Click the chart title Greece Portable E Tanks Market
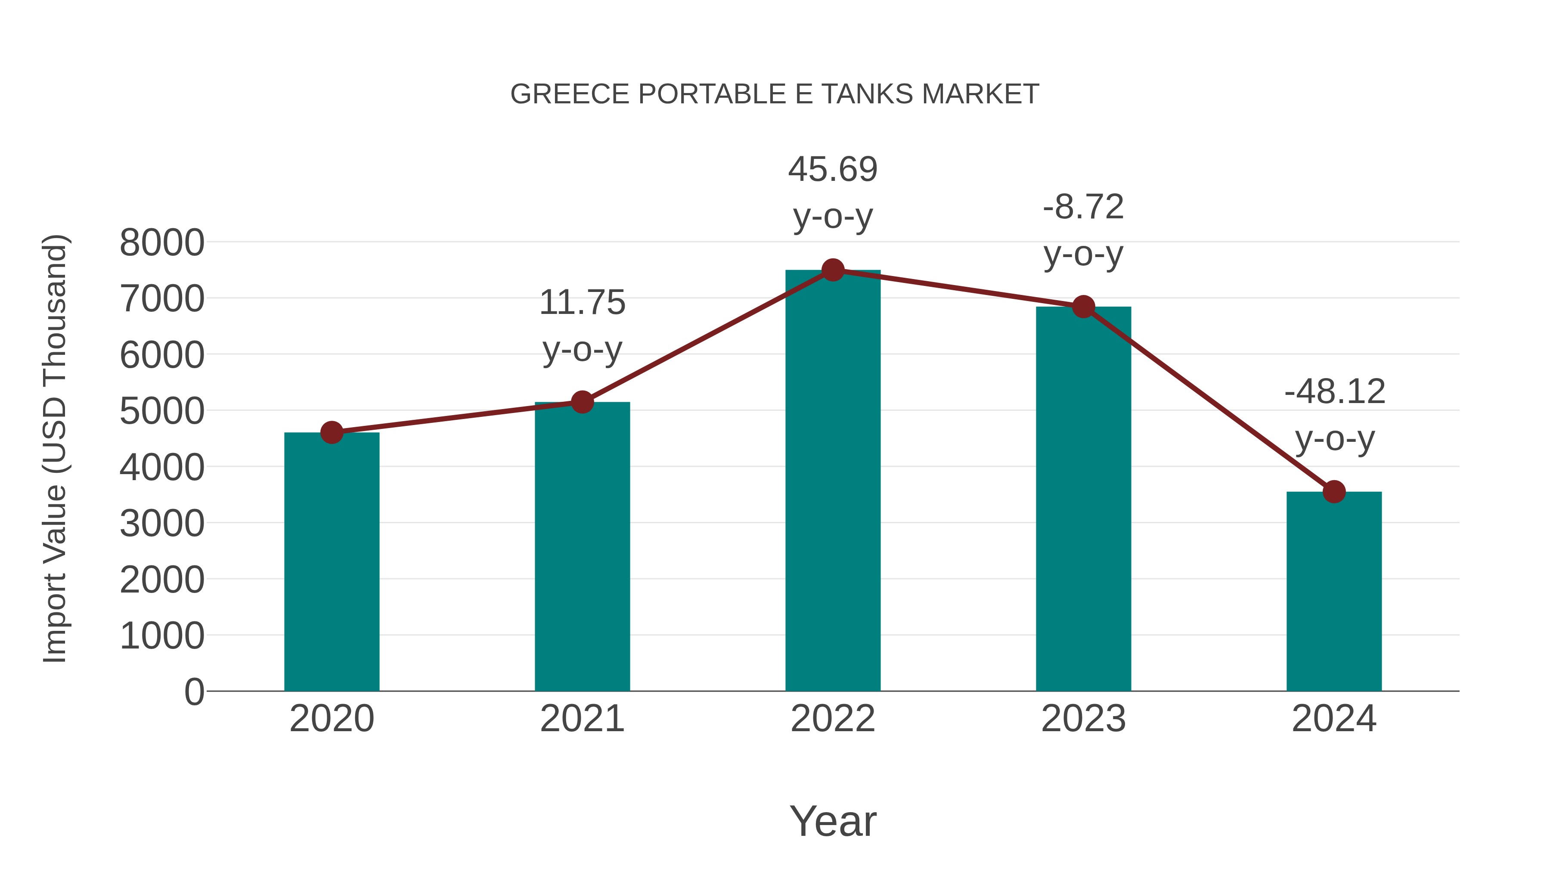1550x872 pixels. [775, 94]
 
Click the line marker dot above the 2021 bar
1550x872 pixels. [582, 402]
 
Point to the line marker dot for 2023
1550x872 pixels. [1083, 307]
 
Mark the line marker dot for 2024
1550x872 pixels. [1334, 492]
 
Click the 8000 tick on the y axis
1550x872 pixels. [162, 243]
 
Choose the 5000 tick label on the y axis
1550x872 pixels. [162, 412]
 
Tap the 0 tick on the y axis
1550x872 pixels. [194, 692]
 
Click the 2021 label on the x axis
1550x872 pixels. [582, 719]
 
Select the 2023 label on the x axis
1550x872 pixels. [1083, 719]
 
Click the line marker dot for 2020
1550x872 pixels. [332, 432]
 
